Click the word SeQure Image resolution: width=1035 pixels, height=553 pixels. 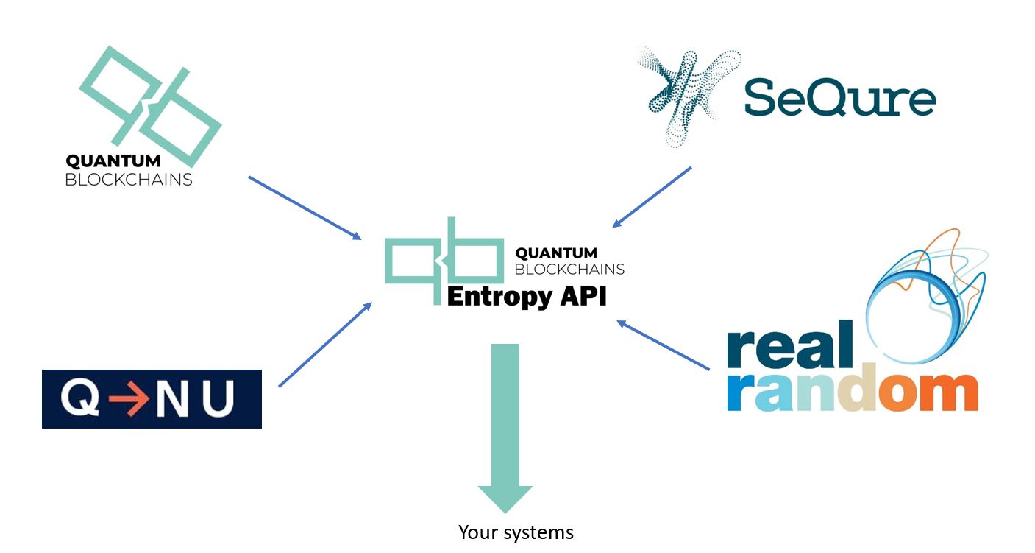(x=839, y=99)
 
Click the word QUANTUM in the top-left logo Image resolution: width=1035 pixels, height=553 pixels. (x=113, y=161)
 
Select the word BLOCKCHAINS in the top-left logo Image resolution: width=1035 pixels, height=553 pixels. (x=128, y=179)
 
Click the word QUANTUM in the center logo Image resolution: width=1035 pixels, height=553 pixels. (x=555, y=253)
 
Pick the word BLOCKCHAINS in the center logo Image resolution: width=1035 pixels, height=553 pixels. (x=569, y=270)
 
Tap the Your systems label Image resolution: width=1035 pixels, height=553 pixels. (x=516, y=532)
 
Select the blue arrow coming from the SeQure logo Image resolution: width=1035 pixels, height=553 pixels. (x=652, y=197)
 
